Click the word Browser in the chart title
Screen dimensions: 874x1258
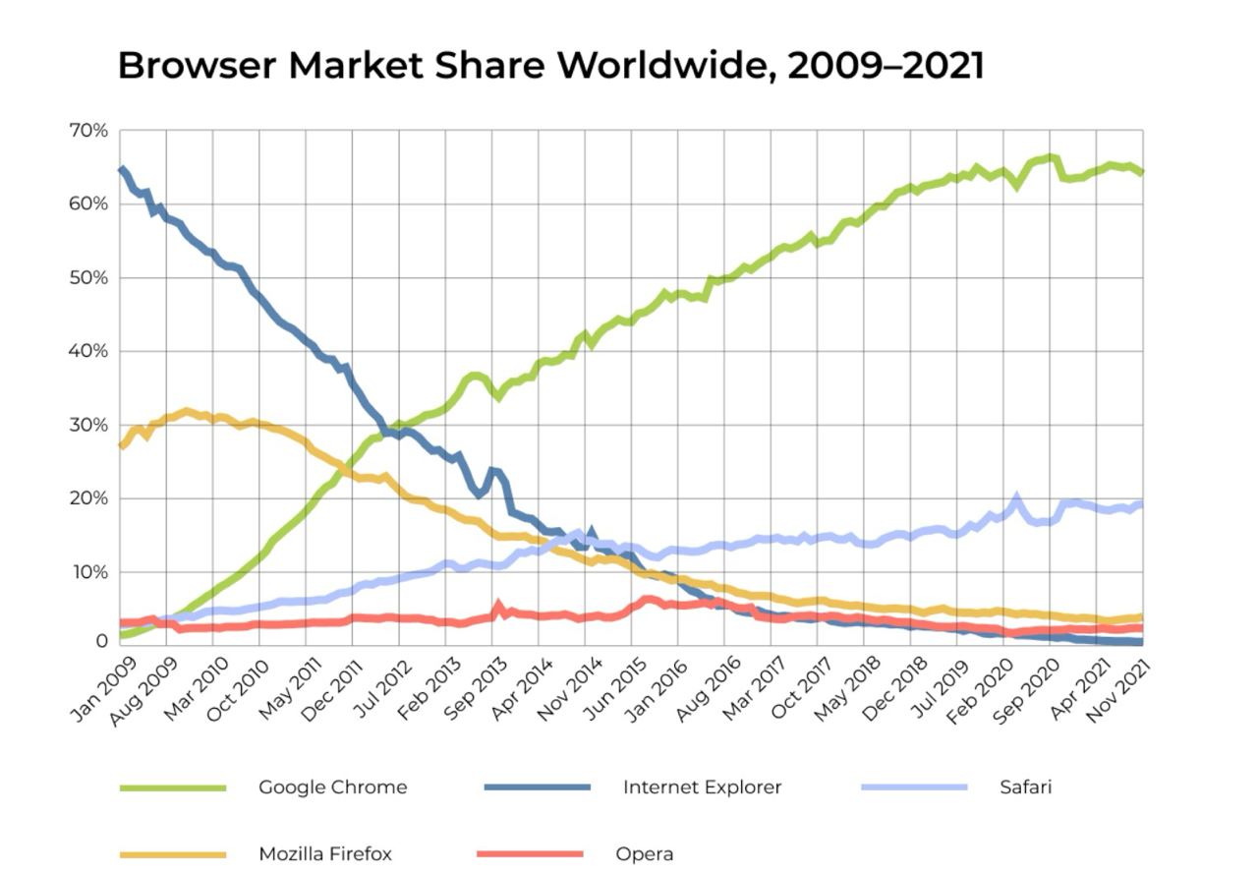[x=196, y=66]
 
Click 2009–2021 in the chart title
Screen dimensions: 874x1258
[x=885, y=66]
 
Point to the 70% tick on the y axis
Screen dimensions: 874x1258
[x=88, y=131]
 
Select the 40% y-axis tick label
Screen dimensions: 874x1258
[x=88, y=351]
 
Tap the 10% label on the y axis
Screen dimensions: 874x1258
[x=88, y=572]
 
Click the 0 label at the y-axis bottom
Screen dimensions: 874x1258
[x=101, y=641]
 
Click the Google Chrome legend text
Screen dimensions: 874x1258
[x=332, y=787]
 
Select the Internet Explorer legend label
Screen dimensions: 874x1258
[x=702, y=787]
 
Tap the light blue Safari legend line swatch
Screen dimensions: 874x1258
[x=914, y=787]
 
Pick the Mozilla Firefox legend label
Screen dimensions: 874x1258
[x=324, y=854]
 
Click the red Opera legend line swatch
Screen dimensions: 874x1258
[x=530, y=854]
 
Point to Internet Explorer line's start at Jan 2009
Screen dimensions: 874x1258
[x=120, y=169]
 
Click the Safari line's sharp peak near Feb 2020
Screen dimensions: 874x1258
[x=1016, y=498]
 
